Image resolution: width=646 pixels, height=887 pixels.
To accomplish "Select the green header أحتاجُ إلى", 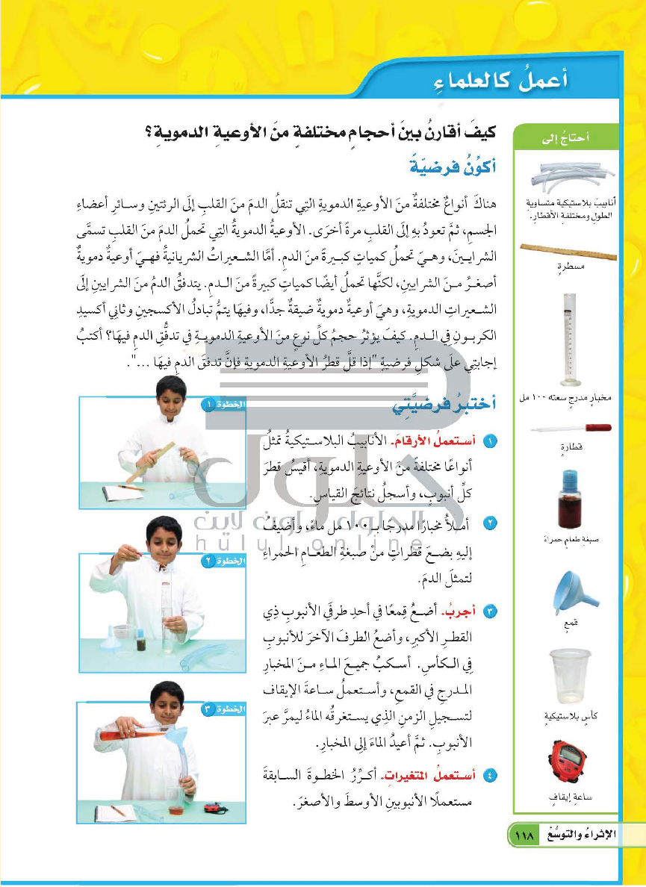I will coord(573,136).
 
